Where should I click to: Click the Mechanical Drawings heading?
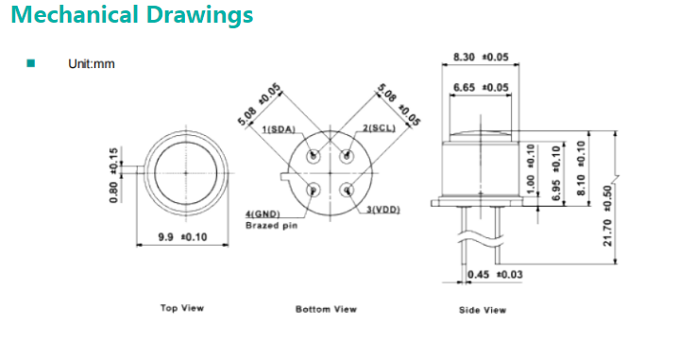[x=132, y=15]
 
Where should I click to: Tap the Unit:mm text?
[x=92, y=64]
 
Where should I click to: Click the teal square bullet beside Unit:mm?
[x=30, y=63]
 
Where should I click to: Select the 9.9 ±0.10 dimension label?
[x=183, y=237]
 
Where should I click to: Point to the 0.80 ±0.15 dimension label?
[x=113, y=176]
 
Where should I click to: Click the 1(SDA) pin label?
[x=279, y=129]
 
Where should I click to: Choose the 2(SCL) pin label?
[x=379, y=129]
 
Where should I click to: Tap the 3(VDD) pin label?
[x=383, y=210]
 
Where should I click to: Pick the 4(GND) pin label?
[x=263, y=214]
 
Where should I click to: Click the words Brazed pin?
[x=272, y=226]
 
